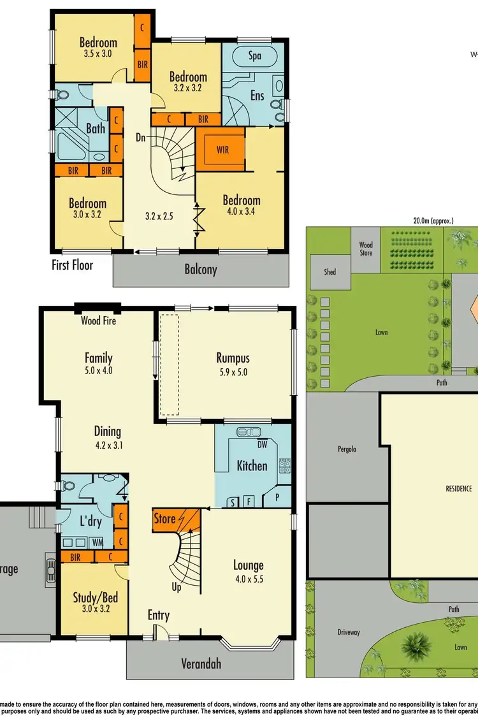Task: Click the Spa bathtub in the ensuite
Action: coord(254,56)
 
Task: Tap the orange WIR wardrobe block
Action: coord(222,150)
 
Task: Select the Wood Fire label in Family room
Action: coord(98,321)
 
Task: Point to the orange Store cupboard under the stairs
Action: coord(164,519)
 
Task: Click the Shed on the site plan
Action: coord(330,272)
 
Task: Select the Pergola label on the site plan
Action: coord(347,449)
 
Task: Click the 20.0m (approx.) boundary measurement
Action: coord(433,221)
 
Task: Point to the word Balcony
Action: coord(201,270)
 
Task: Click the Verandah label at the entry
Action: coord(200,663)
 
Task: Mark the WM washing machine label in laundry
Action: coord(98,542)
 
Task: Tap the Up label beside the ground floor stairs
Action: coord(177,587)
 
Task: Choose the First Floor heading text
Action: coord(72,264)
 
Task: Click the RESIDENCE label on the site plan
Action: coord(458,489)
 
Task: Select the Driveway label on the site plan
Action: coord(349,632)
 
